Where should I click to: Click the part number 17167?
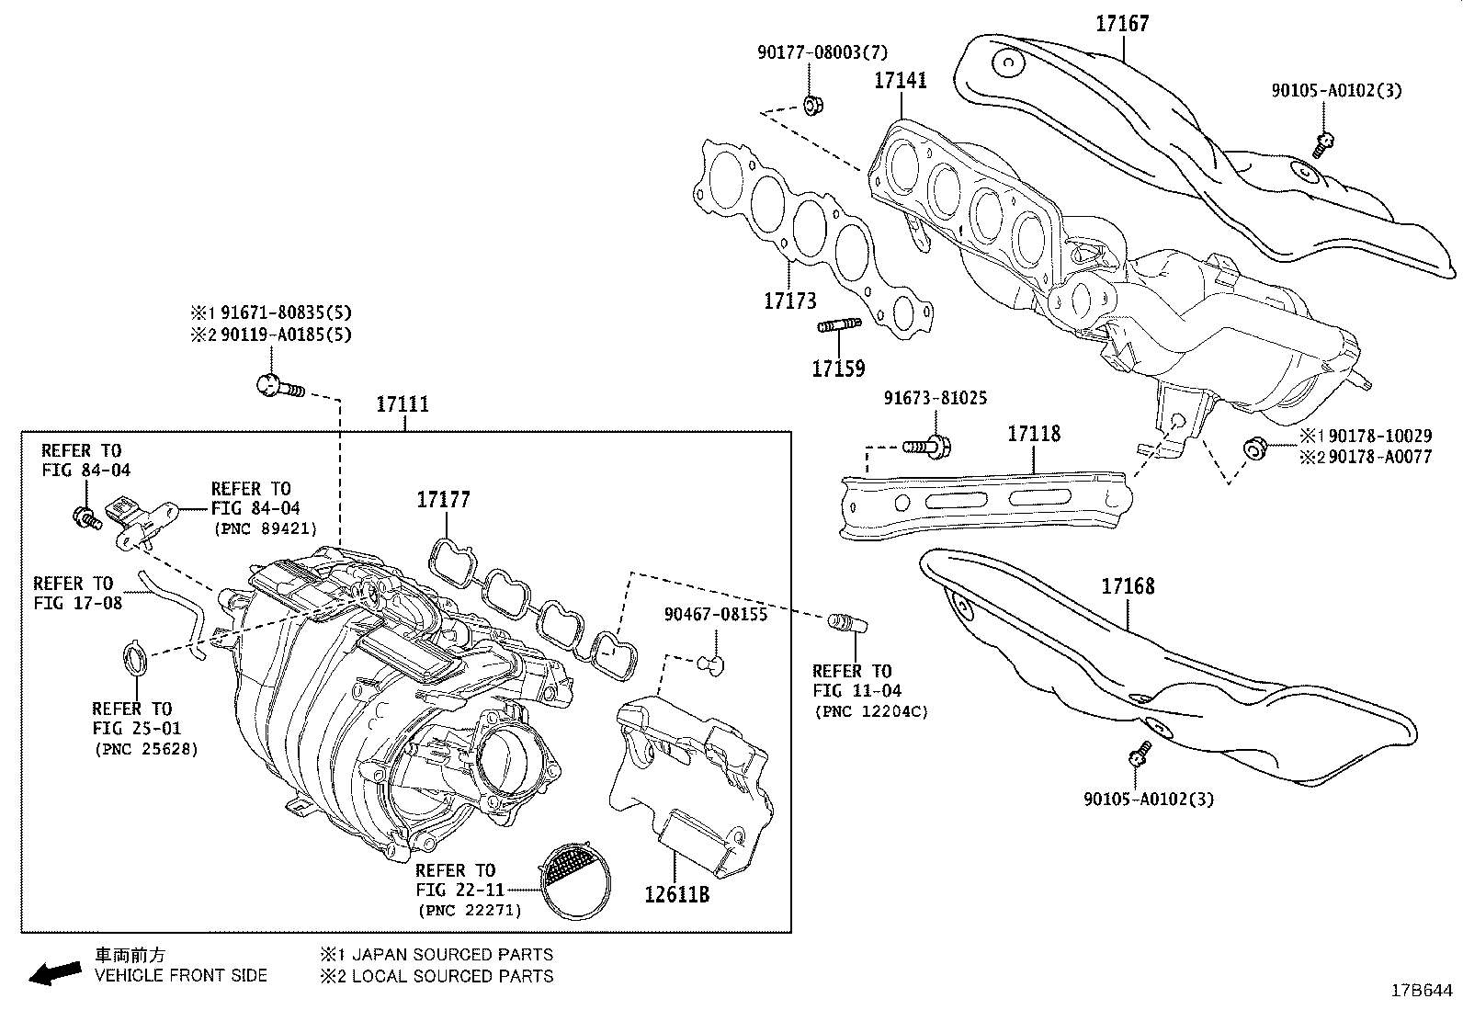[1122, 23]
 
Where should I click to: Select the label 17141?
[900, 80]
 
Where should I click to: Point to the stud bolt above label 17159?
[837, 325]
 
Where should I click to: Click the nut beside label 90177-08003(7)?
[811, 103]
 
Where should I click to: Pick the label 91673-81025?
[936, 398]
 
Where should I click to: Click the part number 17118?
[1034, 433]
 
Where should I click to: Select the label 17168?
[1128, 585]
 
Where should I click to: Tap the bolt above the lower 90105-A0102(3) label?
[1140, 753]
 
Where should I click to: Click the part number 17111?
[403, 404]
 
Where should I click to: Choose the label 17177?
[443, 499]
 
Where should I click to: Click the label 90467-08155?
[716, 614]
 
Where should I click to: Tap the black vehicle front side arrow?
[54, 972]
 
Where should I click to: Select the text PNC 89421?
[266, 528]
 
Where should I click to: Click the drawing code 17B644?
[1421, 992]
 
